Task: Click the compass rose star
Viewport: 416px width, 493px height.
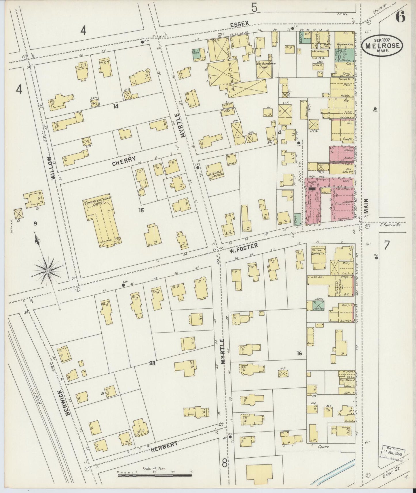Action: pos(47,271)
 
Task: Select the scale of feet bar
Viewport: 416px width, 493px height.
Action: pos(155,475)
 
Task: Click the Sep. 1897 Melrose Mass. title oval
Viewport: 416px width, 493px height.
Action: pos(382,45)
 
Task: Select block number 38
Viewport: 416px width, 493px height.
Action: pos(152,363)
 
